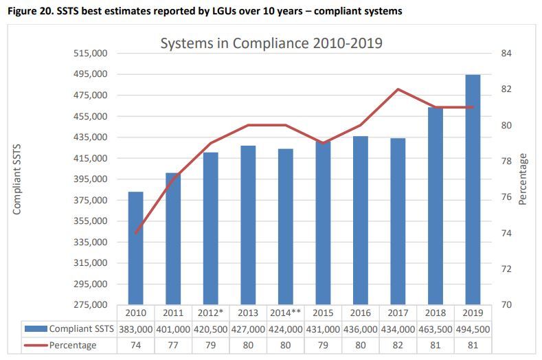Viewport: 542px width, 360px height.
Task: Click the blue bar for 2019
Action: click(x=472, y=189)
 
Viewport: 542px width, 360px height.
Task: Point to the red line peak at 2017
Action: click(x=398, y=89)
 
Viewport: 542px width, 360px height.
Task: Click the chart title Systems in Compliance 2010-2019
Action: click(x=271, y=43)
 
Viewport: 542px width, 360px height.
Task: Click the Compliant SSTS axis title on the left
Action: click(x=17, y=179)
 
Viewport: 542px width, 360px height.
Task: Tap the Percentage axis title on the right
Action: click(x=523, y=179)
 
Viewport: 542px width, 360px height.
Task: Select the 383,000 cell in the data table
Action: click(x=136, y=330)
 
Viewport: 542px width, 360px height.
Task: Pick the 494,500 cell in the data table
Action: click(x=472, y=330)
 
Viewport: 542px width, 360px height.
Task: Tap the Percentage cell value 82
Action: click(x=398, y=345)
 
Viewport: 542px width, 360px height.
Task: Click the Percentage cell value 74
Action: click(x=136, y=345)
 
